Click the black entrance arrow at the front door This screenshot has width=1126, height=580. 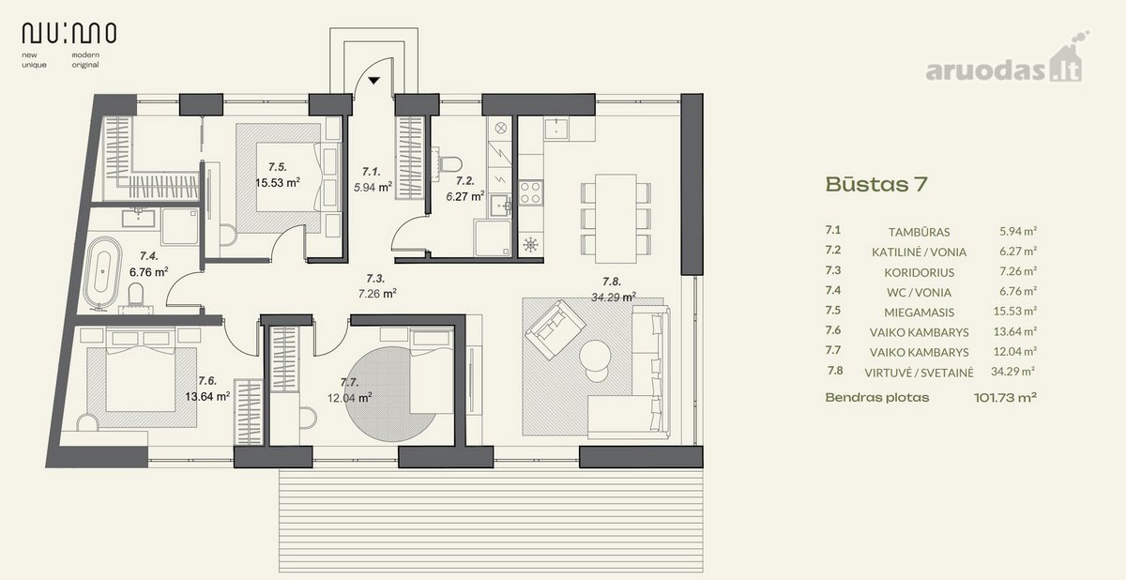tap(373, 81)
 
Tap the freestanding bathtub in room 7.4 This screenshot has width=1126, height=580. tap(102, 271)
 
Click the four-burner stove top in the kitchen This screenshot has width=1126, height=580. tap(530, 192)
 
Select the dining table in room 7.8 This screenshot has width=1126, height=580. tap(616, 219)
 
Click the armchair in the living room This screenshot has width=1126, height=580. tap(555, 328)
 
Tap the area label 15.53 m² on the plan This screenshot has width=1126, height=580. tap(278, 182)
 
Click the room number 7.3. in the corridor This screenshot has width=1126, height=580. tap(375, 279)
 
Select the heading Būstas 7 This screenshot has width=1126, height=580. tap(876, 184)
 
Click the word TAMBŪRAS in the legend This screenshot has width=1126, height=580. tap(919, 232)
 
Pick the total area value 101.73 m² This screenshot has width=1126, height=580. tap(1005, 398)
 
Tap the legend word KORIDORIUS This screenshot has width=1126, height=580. tap(919, 272)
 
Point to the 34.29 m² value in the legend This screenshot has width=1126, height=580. tap(1012, 372)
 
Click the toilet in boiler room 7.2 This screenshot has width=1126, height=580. tap(449, 164)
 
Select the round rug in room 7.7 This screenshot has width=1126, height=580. tap(389, 394)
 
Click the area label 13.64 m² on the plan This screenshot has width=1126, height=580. tap(207, 397)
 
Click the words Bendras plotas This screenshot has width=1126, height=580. tap(877, 398)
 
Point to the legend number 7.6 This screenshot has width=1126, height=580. tap(833, 330)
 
